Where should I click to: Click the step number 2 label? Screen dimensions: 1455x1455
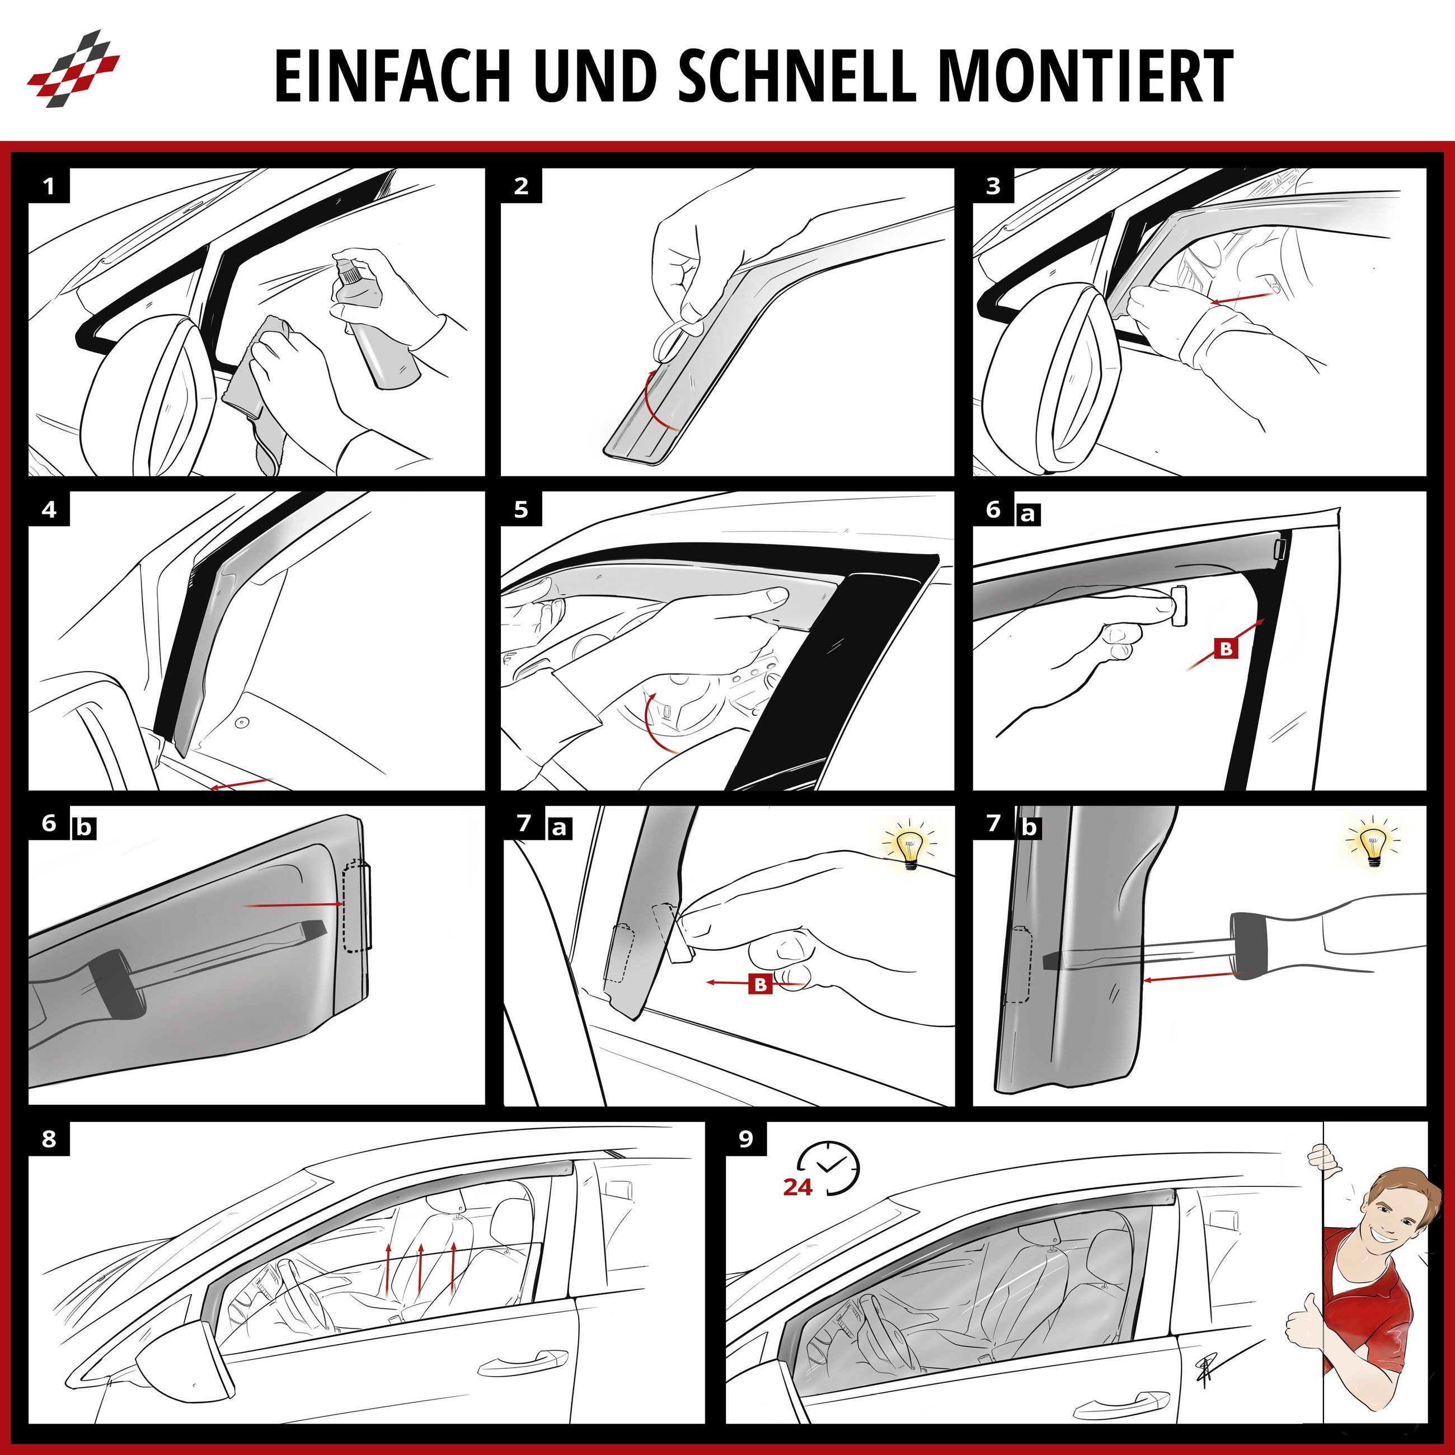521,186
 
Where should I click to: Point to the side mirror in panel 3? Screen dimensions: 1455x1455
1054,384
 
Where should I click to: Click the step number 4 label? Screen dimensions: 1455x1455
49,510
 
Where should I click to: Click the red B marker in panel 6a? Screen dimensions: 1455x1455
1226,647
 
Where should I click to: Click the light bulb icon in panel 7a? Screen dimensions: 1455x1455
910,847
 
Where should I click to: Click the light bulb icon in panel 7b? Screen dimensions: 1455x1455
1374,843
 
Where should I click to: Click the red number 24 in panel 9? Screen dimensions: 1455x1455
797,1187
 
